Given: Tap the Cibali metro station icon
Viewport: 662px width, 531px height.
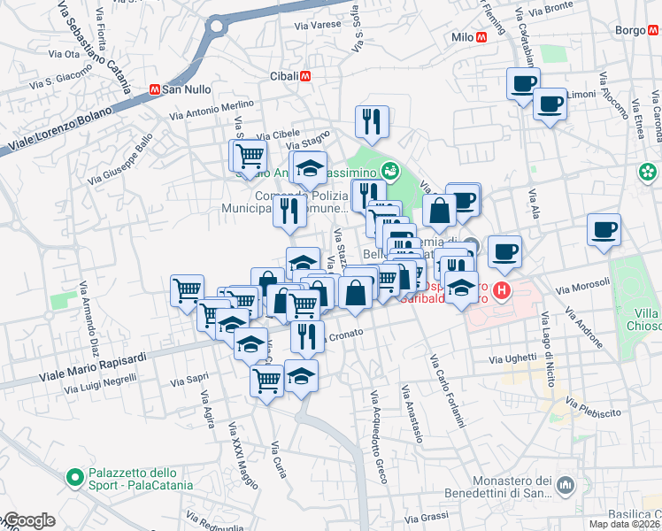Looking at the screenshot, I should (305, 76).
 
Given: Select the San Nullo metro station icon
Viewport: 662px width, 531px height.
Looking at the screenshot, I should (154, 89).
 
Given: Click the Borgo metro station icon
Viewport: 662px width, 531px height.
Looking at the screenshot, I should (655, 29).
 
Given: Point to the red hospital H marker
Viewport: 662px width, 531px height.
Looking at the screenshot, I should (502, 289).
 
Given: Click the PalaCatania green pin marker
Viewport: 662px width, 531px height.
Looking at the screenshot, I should (76, 479).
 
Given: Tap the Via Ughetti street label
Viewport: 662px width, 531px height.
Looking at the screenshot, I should (513, 358).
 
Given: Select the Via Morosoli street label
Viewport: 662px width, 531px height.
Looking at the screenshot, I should (583, 286).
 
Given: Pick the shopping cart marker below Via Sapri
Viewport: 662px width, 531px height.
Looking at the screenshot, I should (266, 381).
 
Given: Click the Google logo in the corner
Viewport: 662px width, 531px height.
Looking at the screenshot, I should (28, 521).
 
